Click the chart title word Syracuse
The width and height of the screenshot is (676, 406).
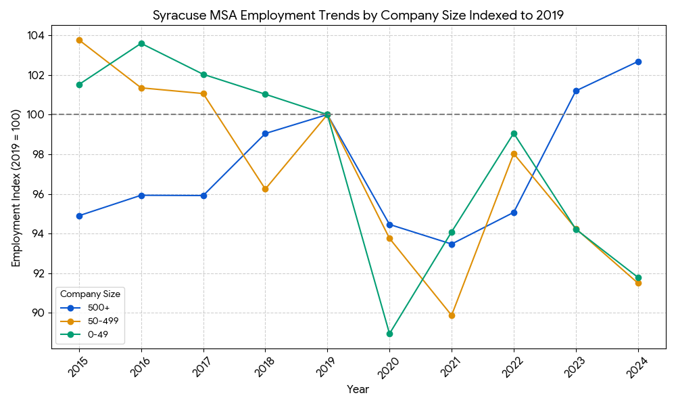click(x=176, y=16)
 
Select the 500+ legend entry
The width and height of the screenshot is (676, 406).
click(x=99, y=308)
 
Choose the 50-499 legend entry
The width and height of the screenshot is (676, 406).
click(x=102, y=321)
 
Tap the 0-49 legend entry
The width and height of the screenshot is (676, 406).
click(x=97, y=334)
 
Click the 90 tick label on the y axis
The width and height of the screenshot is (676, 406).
click(x=38, y=313)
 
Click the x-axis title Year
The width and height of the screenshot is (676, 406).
click(x=358, y=390)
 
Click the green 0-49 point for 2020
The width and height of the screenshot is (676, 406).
click(x=389, y=334)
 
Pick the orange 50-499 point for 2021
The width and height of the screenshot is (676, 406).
click(x=452, y=315)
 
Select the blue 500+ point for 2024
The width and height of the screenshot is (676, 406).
click(x=638, y=62)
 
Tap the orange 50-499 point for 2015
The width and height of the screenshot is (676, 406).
click(x=79, y=40)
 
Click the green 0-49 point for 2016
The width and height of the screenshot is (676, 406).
click(x=141, y=43)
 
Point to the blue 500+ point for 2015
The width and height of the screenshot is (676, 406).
click(x=79, y=216)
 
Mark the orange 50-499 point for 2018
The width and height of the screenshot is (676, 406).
click(x=265, y=189)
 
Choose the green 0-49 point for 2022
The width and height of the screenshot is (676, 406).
click(x=514, y=133)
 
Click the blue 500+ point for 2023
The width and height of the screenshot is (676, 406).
click(x=576, y=91)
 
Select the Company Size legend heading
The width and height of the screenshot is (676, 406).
click(x=90, y=294)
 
